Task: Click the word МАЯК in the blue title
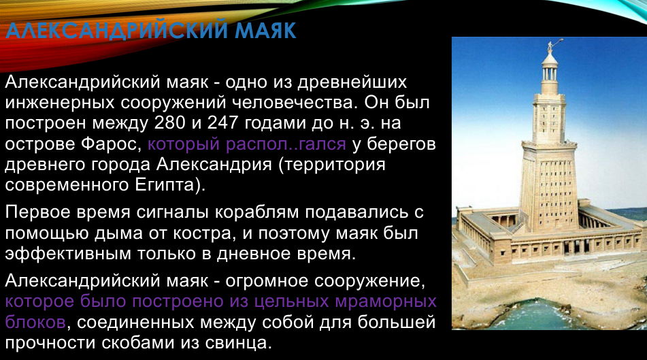pyautogui.click(x=266, y=30)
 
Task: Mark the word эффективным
pyautogui.click(x=68, y=253)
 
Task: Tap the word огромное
pyautogui.click(x=268, y=282)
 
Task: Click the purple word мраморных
pyautogui.click(x=386, y=302)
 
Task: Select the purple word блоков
pyautogui.click(x=35, y=323)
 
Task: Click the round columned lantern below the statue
pyautogui.click(x=550, y=70)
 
